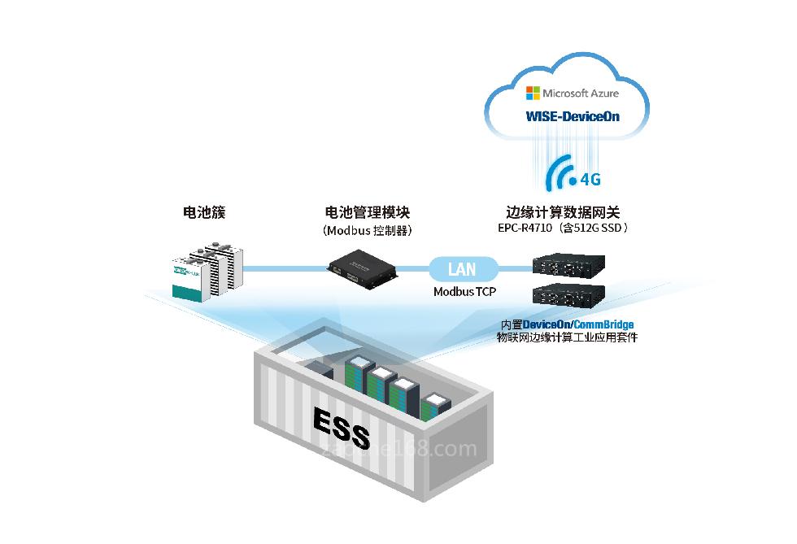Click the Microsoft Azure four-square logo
pos(533,93)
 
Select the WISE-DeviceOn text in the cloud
pos(573,115)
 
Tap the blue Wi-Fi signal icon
pos(560,173)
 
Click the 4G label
pos(590,179)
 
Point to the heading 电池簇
pos(203,213)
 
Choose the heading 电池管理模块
pos(367,213)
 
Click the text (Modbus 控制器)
pos(367,230)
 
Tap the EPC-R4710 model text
pos(525,228)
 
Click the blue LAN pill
pos(462,268)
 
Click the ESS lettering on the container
pos(342,424)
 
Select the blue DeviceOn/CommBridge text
pos(577,324)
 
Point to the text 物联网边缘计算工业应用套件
pos(567,337)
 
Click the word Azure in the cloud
pos(602,93)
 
